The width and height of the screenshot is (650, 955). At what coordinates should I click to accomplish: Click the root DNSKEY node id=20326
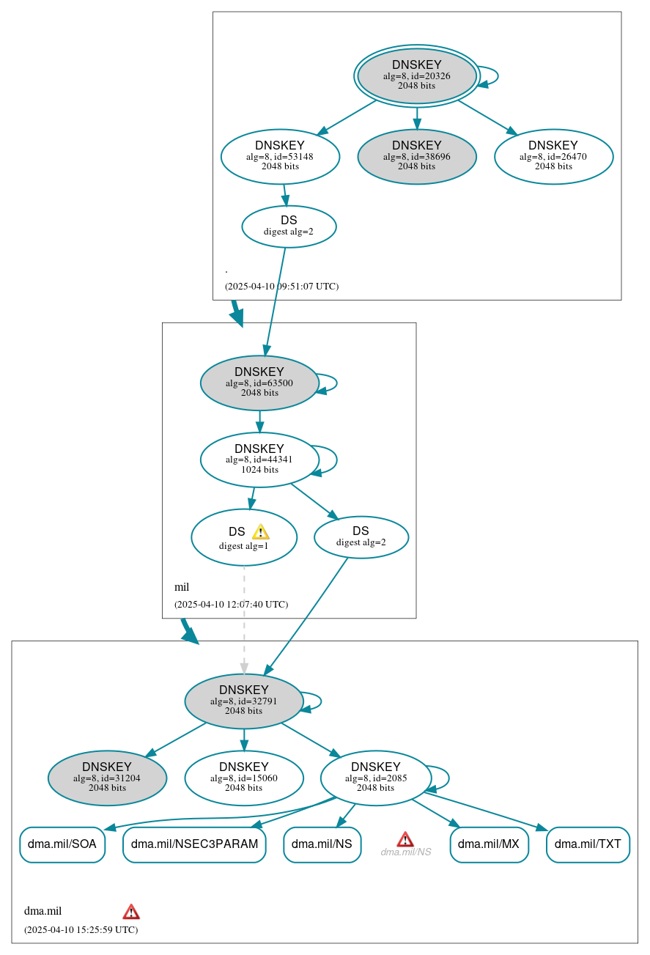tap(416, 75)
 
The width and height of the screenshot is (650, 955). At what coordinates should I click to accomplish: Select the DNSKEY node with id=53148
tap(280, 156)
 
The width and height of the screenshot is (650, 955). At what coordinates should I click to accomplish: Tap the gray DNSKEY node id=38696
tap(416, 156)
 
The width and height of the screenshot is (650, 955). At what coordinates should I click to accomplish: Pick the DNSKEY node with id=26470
tap(553, 156)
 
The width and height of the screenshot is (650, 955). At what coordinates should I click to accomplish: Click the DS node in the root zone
tap(289, 226)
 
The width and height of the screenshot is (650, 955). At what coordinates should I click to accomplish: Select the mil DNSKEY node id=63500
tap(259, 383)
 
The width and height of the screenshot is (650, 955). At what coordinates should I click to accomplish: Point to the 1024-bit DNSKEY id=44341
tap(259, 460)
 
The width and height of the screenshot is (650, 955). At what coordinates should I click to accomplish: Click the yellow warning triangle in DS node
tap(260, 532)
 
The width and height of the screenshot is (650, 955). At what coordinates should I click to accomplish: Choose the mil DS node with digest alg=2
tap(361, 537)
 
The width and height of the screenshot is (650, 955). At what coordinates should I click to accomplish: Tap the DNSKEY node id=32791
tap(244, 701)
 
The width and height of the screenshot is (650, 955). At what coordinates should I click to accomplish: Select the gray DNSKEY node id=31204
tap(107, 778)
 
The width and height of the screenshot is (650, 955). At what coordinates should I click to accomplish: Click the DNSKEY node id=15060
tap(244, 778)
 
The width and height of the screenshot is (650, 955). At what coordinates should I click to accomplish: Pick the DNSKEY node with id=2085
tap(375, 778)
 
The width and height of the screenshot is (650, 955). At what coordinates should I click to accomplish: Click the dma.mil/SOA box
tap(62, 844)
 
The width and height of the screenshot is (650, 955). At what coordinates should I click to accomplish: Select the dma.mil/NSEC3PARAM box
tap(194, 844)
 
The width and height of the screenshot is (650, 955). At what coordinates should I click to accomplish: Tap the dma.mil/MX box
tap(489, 844)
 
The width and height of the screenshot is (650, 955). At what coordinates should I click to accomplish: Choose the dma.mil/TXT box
tap(588, 844)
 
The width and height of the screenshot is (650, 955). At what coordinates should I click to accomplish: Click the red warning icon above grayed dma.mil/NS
tap(405, 839)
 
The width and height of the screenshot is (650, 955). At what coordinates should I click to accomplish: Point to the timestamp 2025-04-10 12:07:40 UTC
tap(231, 605)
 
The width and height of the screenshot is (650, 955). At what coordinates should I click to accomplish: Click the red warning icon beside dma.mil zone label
tap(131, 912)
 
